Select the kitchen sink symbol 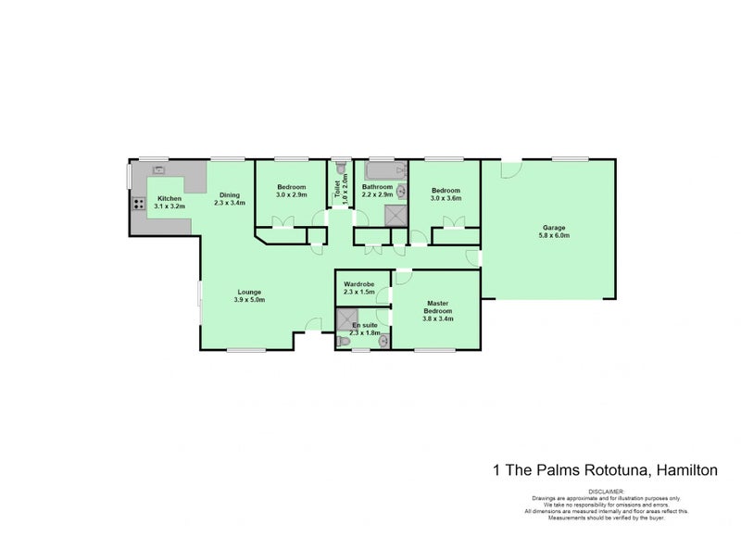coord(158,170)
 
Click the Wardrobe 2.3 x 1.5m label coord(358,288)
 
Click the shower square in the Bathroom coord(396,215)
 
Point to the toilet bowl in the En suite coord(345,343)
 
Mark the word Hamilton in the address coord(687,470)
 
